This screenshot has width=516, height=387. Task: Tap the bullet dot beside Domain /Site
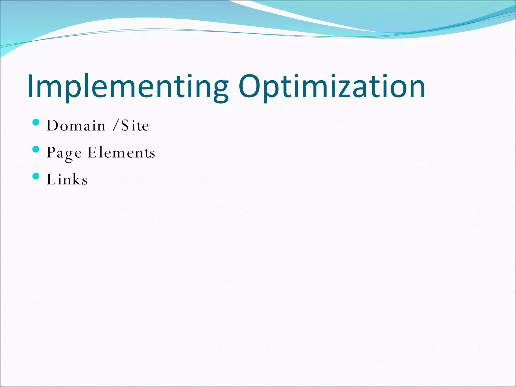pyautogui.click(x=36, y=122)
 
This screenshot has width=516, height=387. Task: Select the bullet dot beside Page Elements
pyautogui.click(x=36, y=149)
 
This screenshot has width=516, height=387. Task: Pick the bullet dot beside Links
pyautogui.click(x=36, y=176)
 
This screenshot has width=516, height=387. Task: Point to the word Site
pyautogui.click(x=135, y=125)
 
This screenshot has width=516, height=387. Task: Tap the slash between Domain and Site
pyautogui.click(x=115, y=125)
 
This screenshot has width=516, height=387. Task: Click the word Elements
pyautogui.click(x=121, y=153)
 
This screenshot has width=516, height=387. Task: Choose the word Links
pyautogui.click(x=67, y=179)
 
